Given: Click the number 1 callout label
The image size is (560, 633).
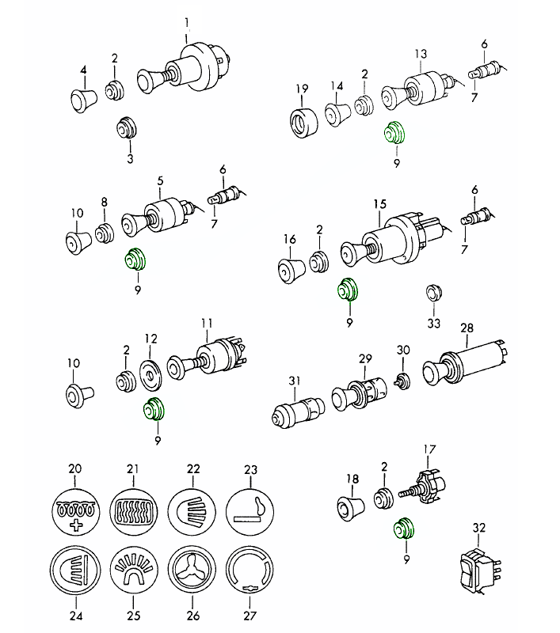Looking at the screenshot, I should (187, 22).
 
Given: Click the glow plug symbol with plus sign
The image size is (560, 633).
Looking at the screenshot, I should (75, 509).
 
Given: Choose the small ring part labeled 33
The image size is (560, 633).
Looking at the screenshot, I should (432, 291).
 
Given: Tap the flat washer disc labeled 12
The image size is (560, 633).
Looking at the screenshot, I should (150, 373).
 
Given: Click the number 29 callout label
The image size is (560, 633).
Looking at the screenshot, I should (365, 358).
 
